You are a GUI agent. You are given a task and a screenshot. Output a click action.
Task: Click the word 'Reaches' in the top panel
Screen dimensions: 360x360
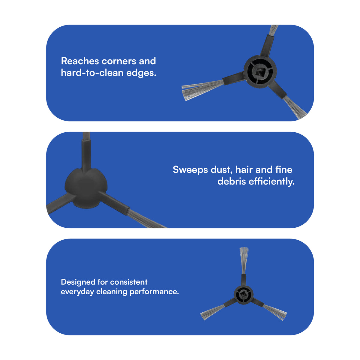click(80, 61)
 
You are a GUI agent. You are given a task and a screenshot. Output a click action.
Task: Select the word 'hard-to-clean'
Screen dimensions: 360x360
click(92, 73)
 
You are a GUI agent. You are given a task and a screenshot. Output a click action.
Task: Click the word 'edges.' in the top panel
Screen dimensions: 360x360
click(141, 73)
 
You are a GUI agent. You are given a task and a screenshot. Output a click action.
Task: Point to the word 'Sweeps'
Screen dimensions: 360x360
click(190, 170)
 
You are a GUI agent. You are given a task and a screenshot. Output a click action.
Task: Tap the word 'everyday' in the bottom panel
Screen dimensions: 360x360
click(77, 292)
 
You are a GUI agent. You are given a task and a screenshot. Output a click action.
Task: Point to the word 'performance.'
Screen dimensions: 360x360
click(154, 292)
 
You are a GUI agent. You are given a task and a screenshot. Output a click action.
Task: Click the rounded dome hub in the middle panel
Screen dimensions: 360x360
click(86, 188)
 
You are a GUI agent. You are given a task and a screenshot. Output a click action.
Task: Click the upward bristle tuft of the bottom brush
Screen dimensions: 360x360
click(244, 261)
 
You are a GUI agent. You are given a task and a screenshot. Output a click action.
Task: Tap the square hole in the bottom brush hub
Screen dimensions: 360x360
click(244, 295)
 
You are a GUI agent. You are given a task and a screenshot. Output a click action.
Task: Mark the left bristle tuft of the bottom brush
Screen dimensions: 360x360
click(212, 312)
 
